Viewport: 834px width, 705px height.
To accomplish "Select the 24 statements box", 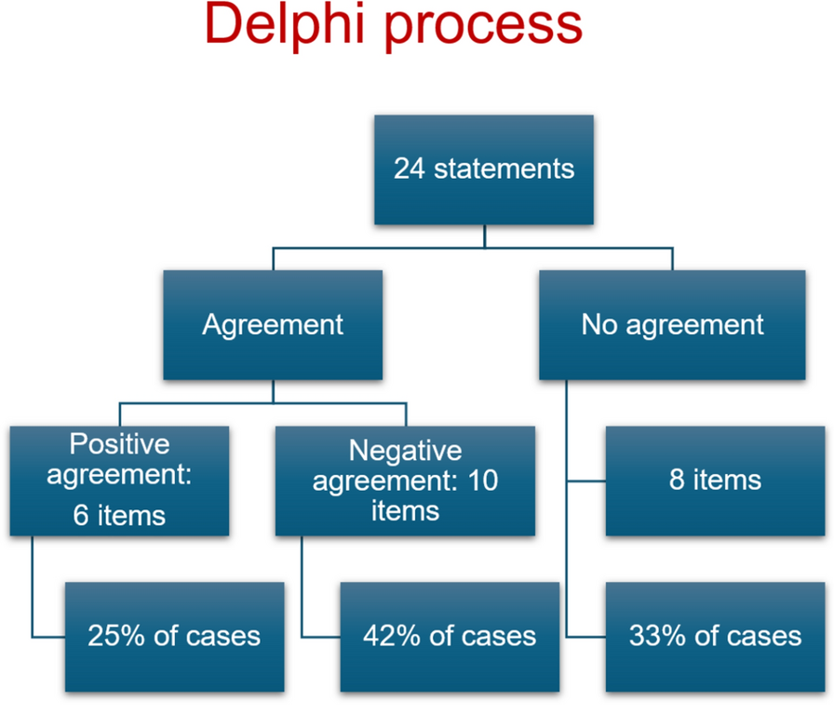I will point(484,169).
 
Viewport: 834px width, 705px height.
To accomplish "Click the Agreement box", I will point(273,324).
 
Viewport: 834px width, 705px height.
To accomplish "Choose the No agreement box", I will point(672,324).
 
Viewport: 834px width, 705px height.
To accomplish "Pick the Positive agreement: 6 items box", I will point(119,481).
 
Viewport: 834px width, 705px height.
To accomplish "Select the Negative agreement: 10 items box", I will point(405,481).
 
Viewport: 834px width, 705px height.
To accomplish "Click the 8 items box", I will point(715,481).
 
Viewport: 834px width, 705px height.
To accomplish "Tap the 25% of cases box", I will point(174,636).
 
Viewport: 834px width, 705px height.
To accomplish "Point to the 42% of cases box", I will point(450,636).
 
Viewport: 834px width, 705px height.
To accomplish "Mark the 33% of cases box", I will point(715,636).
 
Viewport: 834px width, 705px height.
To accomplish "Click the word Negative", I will point(405,451).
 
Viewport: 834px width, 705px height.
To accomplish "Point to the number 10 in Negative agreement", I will point(482,481).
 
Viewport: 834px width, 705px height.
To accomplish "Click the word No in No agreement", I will point(599,324).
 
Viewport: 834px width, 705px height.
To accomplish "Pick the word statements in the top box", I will point(504,169).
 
